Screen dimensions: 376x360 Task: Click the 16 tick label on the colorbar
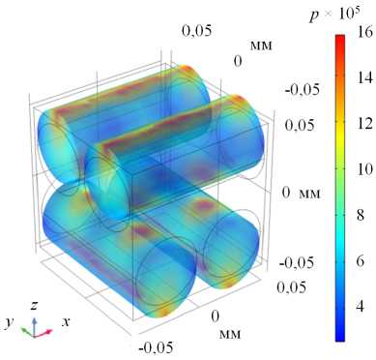click(x=364, y=32)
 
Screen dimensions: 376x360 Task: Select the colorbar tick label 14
click(x=364, y=77)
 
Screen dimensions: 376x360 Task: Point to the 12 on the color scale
click(x=364, y=124)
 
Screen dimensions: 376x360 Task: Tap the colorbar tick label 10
click(x=364, y=169)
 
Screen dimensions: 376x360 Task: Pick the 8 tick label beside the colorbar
click(x=362, y=215)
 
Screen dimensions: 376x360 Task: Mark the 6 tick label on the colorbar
click(x=362, y=260)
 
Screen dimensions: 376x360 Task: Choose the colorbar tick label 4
click(x=362, y=306)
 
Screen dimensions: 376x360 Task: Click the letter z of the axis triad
click(x=35, y=305)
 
